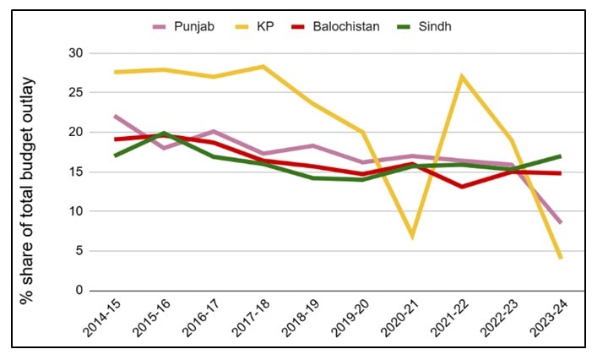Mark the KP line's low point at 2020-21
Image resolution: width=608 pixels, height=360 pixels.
[412, 237]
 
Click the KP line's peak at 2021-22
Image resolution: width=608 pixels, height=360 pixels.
[462, 77]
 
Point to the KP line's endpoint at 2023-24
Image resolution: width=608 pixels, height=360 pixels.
[561, 258]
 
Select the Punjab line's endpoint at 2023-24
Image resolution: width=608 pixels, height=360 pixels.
[561, 223]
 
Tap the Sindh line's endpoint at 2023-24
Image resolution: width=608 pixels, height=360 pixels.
[561, 155]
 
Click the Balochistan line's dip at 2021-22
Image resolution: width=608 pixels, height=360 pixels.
[462, 187]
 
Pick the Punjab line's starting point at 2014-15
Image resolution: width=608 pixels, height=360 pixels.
[115, 116]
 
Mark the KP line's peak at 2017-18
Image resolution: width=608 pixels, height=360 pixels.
[263, 66]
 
